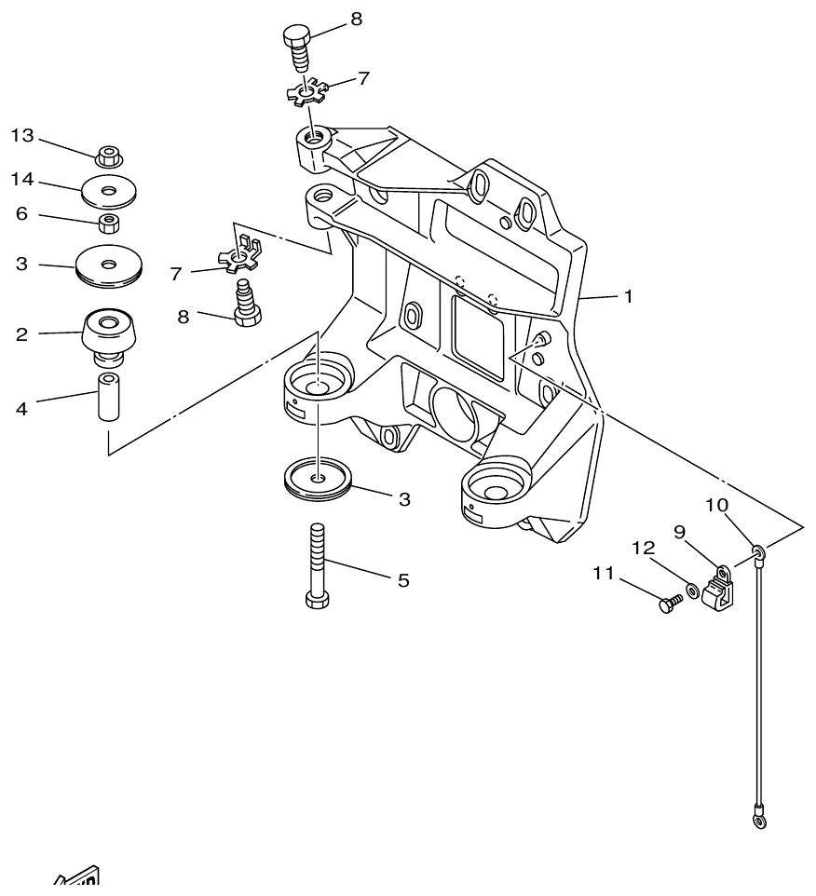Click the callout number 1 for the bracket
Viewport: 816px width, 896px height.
click(629, 296)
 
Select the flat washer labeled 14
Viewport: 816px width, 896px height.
click(110, 191)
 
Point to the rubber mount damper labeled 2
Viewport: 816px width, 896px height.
click(110, 334)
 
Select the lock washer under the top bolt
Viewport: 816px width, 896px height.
click(306, 94)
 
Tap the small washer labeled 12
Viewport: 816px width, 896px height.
click(693, 591)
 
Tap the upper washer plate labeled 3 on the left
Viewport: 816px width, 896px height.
click(110, 265)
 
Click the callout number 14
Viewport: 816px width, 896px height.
click(22, 177)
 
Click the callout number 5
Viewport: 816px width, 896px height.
click(403, 580)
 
